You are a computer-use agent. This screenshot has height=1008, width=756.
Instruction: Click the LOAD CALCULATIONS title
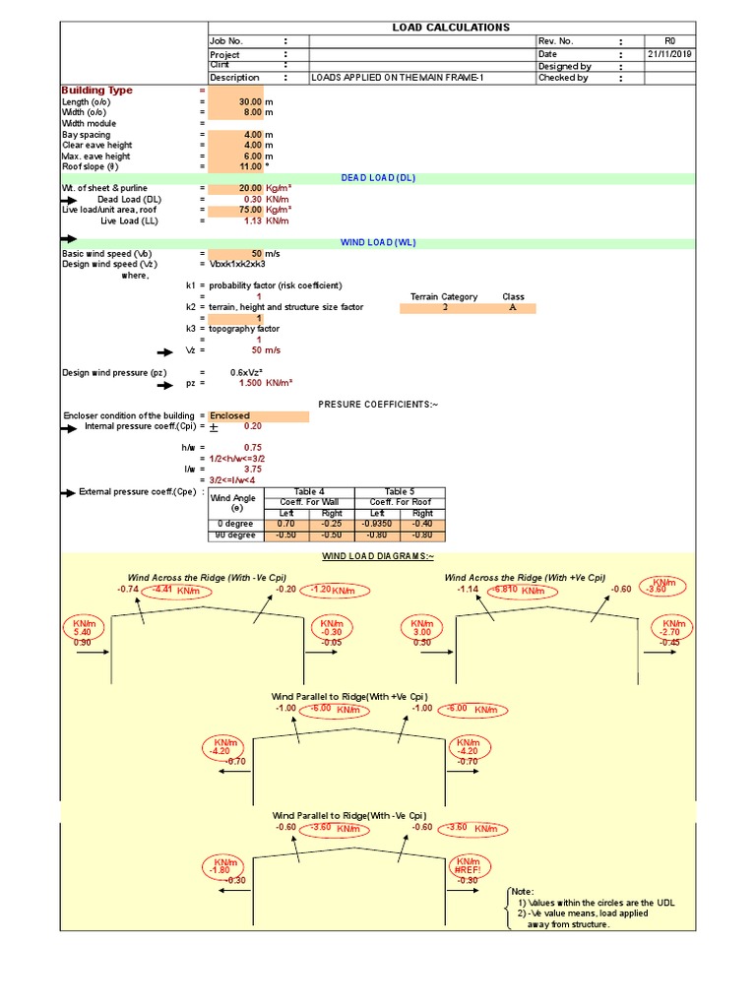pyautogui.click(x=451, y=28)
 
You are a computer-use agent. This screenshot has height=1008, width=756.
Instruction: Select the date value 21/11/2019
pyautogui.click(x=669, y=53)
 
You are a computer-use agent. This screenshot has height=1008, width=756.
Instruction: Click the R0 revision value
pyautogui.click(x=669, y=40)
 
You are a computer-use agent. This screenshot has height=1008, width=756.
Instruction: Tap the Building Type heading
pyautogui.click(x=97, y=90)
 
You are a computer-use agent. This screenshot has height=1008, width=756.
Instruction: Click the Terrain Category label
pyautogui.click(x=444, y=296)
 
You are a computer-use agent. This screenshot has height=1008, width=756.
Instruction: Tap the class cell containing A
pyautogui.click(x=513, y=307)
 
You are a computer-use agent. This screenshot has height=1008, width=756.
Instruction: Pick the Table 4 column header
pyautogui.click(x=309, y=491)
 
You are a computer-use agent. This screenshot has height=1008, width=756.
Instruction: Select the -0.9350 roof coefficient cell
pyautogui.click(x=378, y=525)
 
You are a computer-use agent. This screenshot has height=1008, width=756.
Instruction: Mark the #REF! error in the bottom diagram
pyautogui.click(x=467, y=870)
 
